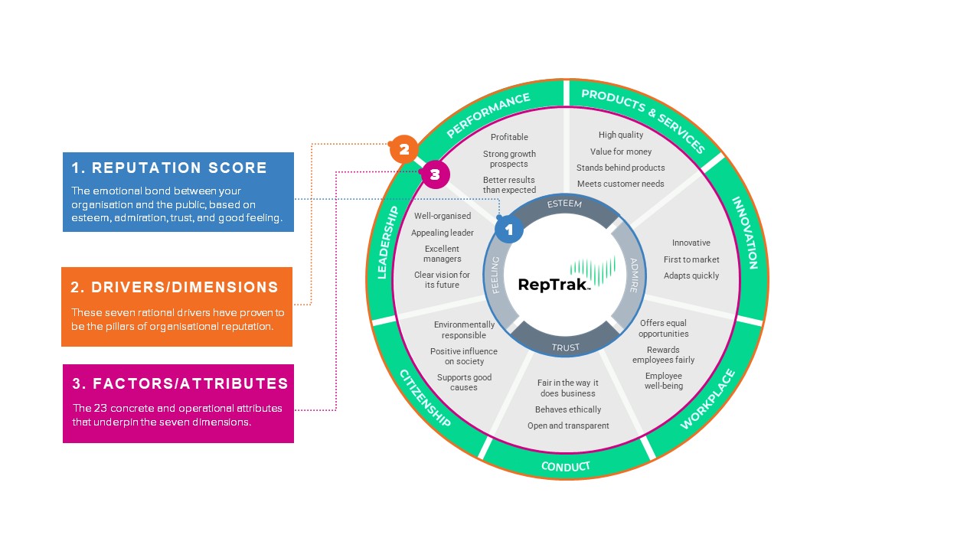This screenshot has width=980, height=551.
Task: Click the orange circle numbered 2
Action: click(403, 149)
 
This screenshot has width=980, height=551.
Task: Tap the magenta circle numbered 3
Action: click(436, 174)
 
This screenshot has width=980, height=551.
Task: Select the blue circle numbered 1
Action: click(509, 229)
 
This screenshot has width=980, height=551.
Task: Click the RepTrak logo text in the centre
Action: click(554, 285)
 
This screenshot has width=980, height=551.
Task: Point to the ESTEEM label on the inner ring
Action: click(564, 204)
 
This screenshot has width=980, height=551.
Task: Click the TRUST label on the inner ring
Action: click(566, 347)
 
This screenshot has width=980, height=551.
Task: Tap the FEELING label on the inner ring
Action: click(495, 275)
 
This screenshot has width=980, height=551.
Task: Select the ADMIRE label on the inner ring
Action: click(634, 275)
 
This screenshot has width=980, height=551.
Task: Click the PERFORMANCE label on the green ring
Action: click(488, 115)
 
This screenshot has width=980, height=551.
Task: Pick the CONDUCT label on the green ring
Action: click(566, 467)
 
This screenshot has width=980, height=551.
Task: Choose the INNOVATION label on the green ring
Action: click(745, 233)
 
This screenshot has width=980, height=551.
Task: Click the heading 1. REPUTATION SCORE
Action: click(169, 168)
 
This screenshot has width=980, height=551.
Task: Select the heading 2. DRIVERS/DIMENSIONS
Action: click(174, 287)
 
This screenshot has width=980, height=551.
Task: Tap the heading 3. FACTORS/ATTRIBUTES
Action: click(180, 383)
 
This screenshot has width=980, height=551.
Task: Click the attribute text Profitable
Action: click(509, 137)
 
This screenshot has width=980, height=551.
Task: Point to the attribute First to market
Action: click(691, 259)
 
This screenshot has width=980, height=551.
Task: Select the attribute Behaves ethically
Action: click(568, 409)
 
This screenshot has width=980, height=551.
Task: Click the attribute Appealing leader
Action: click(443, 233)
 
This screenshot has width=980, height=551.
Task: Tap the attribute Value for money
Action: click(621, 152)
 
